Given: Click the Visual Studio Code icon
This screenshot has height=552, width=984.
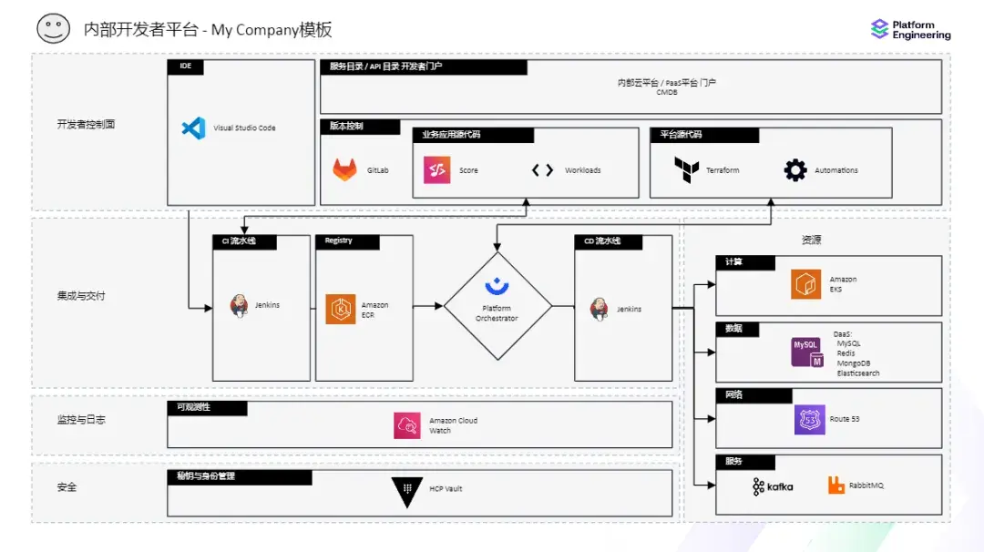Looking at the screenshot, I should click(193, 128).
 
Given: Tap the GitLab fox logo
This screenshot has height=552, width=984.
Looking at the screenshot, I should click(344, 170).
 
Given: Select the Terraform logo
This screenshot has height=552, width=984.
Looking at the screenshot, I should click(686, 170).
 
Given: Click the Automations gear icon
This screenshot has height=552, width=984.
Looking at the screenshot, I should click(795, 170).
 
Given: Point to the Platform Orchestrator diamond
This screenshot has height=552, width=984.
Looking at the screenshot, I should click(497, 306).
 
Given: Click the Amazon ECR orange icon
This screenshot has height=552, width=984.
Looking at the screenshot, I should click(341, 310).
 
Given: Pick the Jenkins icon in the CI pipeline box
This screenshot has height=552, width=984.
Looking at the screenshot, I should click(240, 306).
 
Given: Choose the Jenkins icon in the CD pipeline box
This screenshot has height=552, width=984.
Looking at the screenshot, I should click(600, 309).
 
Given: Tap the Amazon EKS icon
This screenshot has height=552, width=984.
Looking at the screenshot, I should click(805, 284).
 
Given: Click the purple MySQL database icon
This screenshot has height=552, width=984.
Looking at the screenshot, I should click(806, 352).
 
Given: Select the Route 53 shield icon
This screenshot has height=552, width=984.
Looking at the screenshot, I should click(809, 419).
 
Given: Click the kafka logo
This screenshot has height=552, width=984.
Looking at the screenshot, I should click(773, 486).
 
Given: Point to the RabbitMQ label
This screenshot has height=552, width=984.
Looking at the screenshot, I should click(866, 486).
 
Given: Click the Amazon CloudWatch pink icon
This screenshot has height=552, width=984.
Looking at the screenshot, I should click(407, 425).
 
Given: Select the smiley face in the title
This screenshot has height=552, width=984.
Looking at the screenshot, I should click(53, 28).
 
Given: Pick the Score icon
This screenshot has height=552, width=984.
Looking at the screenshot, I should click(436, 170).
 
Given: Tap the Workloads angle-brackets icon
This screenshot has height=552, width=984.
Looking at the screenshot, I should click(542, 170).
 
